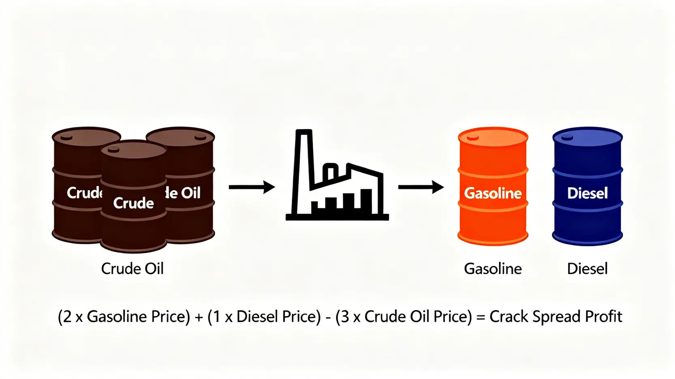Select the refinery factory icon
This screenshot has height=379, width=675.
[337, 178]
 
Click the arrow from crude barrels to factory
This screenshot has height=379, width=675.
[252, 187]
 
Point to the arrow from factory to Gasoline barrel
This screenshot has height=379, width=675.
[421, 187]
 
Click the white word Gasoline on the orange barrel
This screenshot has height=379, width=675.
[493, 193]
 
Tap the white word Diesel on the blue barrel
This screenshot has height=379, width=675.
[587, 193]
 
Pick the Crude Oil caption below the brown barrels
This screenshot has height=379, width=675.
[132, 269]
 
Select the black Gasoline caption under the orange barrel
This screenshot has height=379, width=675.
[493, 269]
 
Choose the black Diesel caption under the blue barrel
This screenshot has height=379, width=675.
[587, 269]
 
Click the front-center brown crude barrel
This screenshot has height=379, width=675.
[133, 227]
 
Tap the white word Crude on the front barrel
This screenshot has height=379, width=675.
[133, 203]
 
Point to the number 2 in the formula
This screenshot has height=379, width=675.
[67, 317]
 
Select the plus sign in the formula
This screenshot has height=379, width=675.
[199, 317]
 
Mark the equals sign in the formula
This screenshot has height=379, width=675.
[481, 317]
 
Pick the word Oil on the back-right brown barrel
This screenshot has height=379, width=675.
[190, 193]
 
